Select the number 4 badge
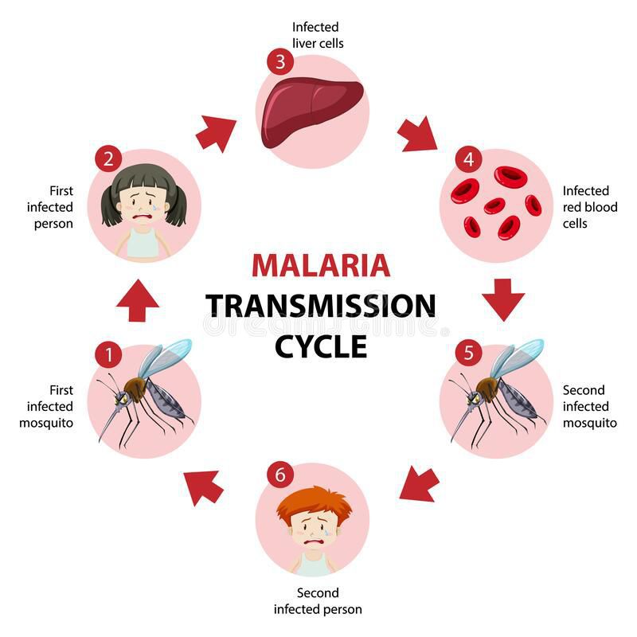click(468, 159)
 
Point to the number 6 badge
click(279, 475)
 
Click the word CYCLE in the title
click(321, 346)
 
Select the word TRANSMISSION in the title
click(321, 306)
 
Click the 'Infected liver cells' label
click(318, 35)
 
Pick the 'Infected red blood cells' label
click(586, 207)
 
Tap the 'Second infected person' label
click(318, 601)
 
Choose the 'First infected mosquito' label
click(46, 406)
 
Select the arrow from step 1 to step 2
click(137, 300)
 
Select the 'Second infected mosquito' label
click(589, 406)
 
